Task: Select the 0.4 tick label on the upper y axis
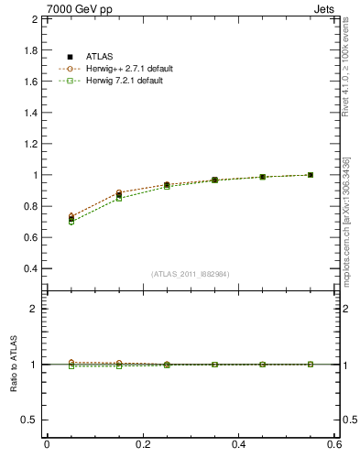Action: pos(31,268)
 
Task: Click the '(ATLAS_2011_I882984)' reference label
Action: pos(191,274)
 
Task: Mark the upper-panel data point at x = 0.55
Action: pos(311,175)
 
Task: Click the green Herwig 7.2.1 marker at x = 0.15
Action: pos(119,198)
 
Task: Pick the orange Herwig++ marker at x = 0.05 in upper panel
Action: pos(71,215)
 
